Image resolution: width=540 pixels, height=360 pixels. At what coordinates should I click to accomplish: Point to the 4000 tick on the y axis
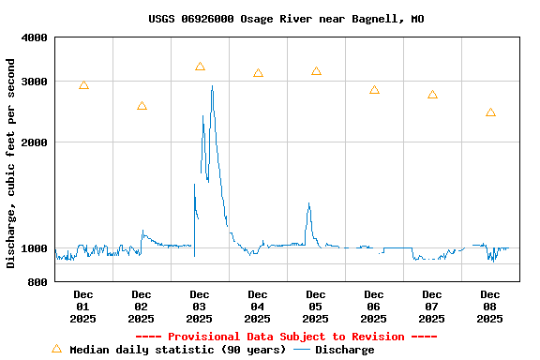tap(35, 37)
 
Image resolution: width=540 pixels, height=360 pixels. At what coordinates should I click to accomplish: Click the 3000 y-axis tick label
tap(35, 82)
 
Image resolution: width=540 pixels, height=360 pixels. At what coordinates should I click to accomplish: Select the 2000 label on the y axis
tap(35, 142)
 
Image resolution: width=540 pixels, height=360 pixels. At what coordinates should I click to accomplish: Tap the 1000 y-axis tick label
tap(35, 248)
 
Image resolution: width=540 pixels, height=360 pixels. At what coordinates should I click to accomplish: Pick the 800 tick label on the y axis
tap(38, 281)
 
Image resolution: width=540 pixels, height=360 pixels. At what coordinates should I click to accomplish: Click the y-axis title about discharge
tap(11, 163)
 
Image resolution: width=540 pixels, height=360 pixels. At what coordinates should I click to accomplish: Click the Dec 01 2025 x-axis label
tap(83, 307)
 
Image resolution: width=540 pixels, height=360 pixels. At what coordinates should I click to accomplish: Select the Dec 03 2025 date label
tap(200, 307)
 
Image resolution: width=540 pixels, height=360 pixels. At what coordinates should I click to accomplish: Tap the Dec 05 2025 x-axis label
tap(316, 307)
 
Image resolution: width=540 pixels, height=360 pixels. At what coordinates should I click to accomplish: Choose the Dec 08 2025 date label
tap(490, 307)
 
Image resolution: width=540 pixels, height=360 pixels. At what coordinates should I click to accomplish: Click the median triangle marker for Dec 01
tap(83, 85)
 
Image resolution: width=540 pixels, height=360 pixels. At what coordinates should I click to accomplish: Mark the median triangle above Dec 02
tap(142, 106)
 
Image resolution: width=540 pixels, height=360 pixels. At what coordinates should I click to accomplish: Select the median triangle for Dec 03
tap(200, 67)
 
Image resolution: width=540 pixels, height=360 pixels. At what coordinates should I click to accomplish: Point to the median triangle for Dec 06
tap(374, 90)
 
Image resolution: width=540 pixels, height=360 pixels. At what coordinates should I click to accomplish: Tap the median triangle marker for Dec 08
tap(490, 112)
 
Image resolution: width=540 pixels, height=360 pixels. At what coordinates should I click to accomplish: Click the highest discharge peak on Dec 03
tap(212, 87)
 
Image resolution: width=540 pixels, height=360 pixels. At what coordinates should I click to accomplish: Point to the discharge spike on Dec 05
tap(308, 204)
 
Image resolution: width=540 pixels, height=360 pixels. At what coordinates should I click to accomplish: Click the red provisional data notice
tap(286, 337)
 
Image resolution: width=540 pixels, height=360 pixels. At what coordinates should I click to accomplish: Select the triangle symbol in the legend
tap(56, 349)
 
